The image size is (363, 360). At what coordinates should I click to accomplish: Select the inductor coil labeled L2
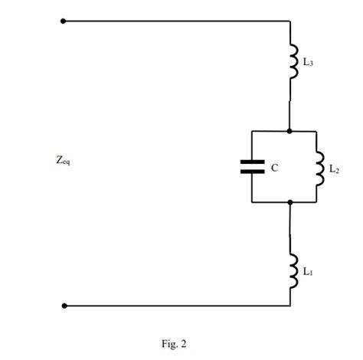[319, 167]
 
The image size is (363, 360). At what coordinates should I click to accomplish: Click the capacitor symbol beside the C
[252, 166]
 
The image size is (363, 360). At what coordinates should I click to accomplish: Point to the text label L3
[307, 63]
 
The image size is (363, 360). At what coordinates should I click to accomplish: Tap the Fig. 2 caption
[174, 344]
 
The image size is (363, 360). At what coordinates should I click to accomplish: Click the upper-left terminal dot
[64, 21]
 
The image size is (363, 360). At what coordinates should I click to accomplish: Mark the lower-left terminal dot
[64, 306]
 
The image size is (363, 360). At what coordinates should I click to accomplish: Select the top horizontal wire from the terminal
[176, 21]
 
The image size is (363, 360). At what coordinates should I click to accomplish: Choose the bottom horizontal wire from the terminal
[176, 306]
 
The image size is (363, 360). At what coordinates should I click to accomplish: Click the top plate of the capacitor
[252, 162]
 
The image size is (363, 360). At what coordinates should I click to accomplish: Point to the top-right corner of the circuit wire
[290, 21]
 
